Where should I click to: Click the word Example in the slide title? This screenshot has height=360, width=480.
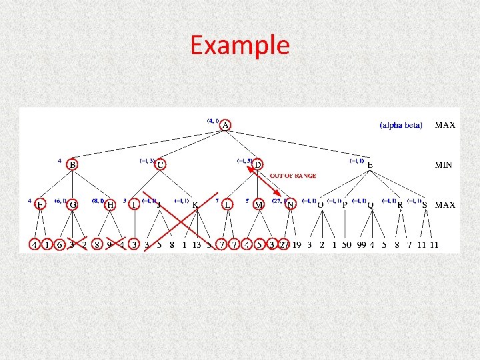coord(239,45)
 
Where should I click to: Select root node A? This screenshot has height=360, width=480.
coord(225,125)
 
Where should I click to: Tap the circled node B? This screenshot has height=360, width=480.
coord(73,164)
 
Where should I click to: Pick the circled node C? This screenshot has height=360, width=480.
coord(161,164)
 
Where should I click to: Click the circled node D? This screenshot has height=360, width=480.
coord(257,164)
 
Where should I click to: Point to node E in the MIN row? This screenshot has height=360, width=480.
coord(369,165)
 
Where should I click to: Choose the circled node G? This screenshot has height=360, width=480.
coord(73,205)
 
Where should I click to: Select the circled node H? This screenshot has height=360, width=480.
coord(111,205)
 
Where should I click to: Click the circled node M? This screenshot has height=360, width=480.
coord(259,205)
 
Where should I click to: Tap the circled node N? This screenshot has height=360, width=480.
coord(290,205)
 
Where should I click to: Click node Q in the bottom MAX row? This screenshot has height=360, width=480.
coord(370,205)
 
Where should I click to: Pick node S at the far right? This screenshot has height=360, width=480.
coord(425,205)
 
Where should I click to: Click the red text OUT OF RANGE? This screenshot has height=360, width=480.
coord(293,176)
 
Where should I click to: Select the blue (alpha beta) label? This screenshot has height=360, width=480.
coord(401,125)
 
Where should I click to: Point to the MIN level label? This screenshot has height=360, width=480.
coord(445,165)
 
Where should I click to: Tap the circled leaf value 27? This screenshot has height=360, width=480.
coord(283,245)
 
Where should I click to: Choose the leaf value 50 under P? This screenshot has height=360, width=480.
coord(347,245)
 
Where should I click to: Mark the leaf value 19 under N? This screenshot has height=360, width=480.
coord(297,245)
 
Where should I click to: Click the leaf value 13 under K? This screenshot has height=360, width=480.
coord(197,245)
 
